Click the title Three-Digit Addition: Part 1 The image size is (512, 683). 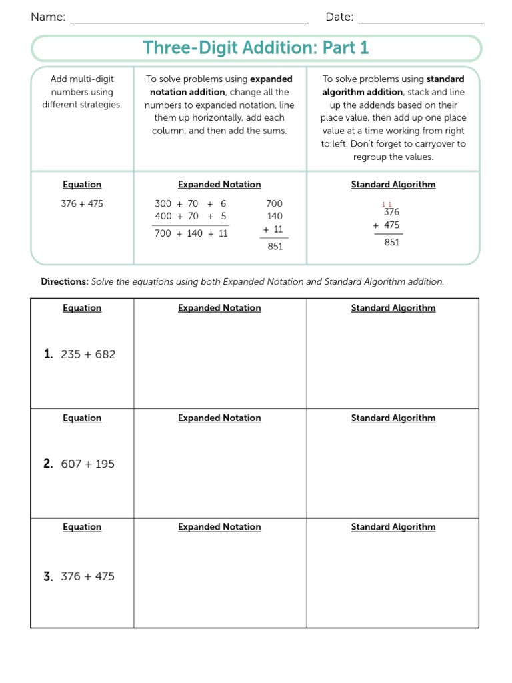[x=255, y=48]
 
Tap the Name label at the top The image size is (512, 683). [x=48, y=17]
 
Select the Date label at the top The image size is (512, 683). [x=339, y=17]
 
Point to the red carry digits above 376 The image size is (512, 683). [x=387, y=205]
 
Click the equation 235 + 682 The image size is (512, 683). [x=88, y=354]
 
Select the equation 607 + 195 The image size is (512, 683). [x=88, y=464]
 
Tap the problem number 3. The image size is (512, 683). [x=48, y=576]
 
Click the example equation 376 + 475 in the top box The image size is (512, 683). [x=82, y=203]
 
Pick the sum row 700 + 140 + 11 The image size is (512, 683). [x=191, y=233]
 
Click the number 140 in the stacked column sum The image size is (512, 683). [x=274, y=216]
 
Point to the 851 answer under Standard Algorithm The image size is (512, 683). [x=392, y=242]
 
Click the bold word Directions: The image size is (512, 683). [x=65, y=282]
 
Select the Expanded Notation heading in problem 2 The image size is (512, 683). [x=219, y=418]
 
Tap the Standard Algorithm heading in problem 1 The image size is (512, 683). [x=393, y=308]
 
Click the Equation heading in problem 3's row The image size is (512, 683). [x=82, y=527]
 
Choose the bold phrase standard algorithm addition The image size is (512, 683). [x=393, y=85]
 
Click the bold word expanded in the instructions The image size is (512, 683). [x=271, y=79]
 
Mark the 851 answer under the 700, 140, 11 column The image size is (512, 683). [x=275, y=246]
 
